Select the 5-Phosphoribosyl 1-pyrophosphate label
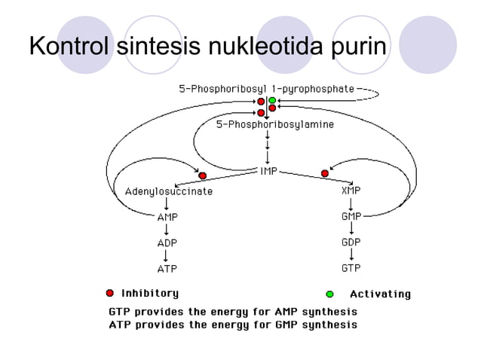click(x=266, y=89)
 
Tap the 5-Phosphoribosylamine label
click(x=275, y=124)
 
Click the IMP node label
click(x=269, y=171)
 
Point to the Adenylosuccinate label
click(x=168, y=192)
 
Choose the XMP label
click(x=351, y=191)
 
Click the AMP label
click(x=167, y=218)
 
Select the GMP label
click(x=351, y=217)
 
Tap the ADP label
click(x=167, y=243)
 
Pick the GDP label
click(x=351, y=243)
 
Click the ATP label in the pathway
click(x=167, y=269)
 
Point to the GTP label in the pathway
click(x=351, y=268)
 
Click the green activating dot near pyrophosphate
click(x=272, y=100)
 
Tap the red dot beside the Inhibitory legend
click(x=109, y=293)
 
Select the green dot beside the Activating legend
click(x=329, y=294)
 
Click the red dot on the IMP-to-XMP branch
click(x=325, y=173)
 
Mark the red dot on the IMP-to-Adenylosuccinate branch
click(x=203, y=175)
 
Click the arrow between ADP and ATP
click(x=167, y=256)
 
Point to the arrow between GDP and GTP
click(x=351, y=255)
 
